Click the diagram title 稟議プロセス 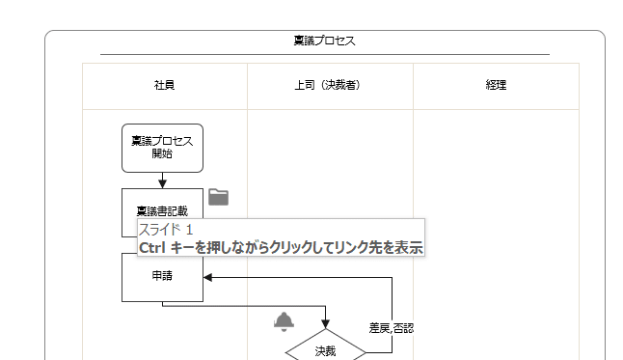coord(324,41)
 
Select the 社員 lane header coord(164,85)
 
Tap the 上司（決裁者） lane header coord(327,85)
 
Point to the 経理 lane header coord(496,85)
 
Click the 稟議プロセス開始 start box coord(162,148)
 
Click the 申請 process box coord(162,278)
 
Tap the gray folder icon coord(219,197)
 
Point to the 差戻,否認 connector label coord(391,328)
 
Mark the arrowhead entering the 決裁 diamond coord(325,324)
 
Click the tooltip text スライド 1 coord(166,230)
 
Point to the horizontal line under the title coord(324,55)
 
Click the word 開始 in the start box coord(162,153)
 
